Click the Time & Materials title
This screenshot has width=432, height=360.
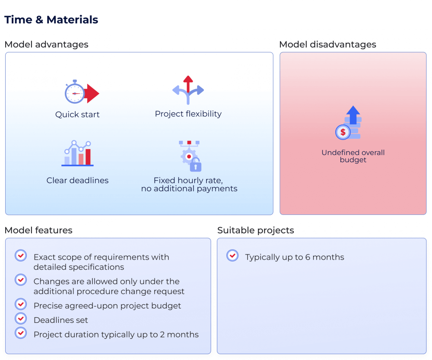point(51,20)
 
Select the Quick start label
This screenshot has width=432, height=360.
point(77,115)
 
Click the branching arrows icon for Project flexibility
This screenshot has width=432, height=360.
point(188,90)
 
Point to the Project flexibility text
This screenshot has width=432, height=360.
point(188,114)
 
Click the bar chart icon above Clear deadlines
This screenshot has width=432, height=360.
point(78,153)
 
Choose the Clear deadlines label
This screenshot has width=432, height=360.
point(77,181)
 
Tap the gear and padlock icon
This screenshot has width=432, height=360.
point(190,156)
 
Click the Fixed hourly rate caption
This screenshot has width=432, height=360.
point(189,185)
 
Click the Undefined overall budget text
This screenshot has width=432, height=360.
point(353,156)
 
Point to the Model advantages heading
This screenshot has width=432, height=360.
point(46,45)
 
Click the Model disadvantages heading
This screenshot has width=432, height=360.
point(327,45)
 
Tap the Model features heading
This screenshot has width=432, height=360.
point(38,230)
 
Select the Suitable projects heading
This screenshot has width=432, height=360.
point(255,230)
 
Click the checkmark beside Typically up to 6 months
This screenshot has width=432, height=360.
point(232,255)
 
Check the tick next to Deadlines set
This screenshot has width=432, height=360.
point(21,319)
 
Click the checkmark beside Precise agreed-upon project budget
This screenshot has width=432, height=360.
point(21,304)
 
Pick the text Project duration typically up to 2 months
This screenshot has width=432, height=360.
point(116,335)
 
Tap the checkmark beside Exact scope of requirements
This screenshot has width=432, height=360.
point(21,255)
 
